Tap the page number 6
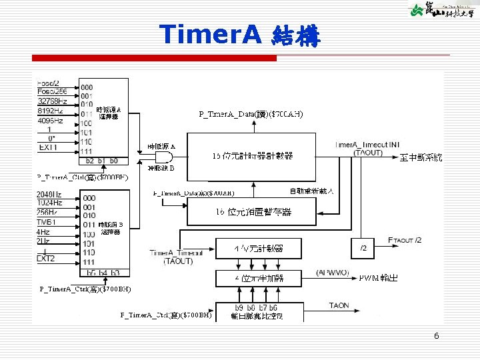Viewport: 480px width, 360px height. [436, 336]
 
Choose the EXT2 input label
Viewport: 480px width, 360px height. [46, 258]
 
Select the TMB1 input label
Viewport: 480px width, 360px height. [47, 221]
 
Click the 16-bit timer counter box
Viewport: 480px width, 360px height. [253, 156]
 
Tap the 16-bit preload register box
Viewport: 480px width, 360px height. [253, 212]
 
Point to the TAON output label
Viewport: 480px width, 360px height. [339, 306]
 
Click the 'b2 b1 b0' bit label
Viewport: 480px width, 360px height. [102, 161]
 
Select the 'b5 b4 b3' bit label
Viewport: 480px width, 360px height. [103, 273]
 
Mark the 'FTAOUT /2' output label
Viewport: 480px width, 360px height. [405, 240]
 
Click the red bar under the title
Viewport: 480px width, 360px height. [154, 58]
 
